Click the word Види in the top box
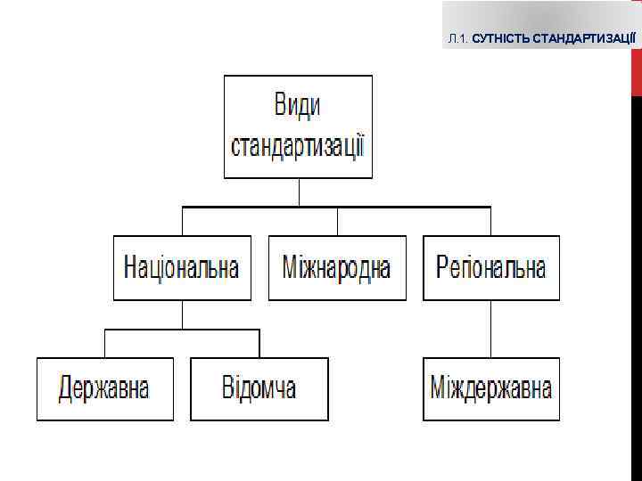coord(297,107)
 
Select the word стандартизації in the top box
coord(298,144)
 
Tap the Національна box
coord(182,267)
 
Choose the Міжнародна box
coord(337,267)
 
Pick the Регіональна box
coord(491,267)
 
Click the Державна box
coord(104,388)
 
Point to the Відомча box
coord(259,388)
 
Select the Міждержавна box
coord(491,388)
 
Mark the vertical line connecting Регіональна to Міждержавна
coord(491,329)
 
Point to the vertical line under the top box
coord(299,192)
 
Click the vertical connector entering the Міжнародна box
coord(337,221)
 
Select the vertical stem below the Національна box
coord(182,314)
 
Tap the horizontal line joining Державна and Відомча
coord(182,330)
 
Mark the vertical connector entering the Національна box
coord(182,221)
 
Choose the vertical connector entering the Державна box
coord(105,344)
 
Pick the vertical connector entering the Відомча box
coord(259,344)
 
